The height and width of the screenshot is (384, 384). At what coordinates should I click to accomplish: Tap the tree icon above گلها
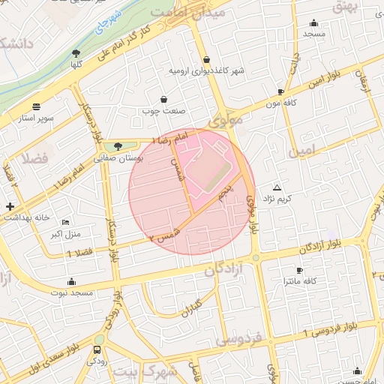coord(76,52)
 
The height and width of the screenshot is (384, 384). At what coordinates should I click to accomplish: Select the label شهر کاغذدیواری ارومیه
coord(207,70)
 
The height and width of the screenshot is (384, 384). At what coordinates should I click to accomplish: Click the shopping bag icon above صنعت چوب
coord(163,99)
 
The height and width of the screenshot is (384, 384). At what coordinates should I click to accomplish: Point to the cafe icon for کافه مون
coord(280,91)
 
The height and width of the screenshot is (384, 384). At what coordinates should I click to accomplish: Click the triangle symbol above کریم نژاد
coord(277,187)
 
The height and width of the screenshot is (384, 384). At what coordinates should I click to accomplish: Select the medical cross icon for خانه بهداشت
coord(9,206)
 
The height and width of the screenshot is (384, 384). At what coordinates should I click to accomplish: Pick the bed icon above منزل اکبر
coord(65,223)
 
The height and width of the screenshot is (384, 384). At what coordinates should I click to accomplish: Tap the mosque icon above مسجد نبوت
coord(71,281)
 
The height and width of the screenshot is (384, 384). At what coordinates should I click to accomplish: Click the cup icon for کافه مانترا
coord(300,270)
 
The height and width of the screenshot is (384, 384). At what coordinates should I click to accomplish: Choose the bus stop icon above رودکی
coord(97,349)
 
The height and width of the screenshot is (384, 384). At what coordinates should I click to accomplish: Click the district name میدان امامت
coord(177,13)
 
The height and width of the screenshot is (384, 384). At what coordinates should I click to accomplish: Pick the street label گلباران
coord(193,307)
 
